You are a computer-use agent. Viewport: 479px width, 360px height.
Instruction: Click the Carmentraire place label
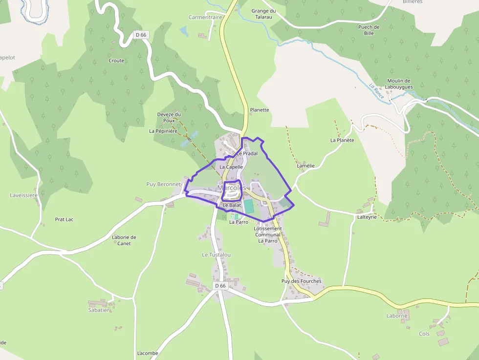(205, 17)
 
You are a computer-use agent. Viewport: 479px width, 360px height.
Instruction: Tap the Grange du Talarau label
(263, 14)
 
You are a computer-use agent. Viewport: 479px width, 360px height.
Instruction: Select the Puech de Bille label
(369, 30)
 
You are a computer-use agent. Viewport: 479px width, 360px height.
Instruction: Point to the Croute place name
(116, 61)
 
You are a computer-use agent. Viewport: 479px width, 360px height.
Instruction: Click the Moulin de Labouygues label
(398, 84)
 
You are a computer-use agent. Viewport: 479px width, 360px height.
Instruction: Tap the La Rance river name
(376, 91)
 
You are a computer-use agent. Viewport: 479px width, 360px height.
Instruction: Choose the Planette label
(260, 110)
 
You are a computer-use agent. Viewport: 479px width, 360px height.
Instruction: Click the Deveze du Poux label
(169, 117)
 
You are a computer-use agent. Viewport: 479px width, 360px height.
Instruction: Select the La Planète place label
(342, 140)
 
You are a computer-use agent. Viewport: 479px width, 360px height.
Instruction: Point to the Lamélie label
(306, 166)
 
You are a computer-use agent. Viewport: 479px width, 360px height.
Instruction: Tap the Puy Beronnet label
(164, 185)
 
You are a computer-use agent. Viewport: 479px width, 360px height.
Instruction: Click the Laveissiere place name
(24, 195)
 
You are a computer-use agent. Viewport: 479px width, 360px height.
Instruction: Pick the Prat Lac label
(64, 220)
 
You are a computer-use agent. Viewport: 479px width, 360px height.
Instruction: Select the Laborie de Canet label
(124, 240)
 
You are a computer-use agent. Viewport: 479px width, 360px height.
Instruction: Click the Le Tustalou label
(216, 255)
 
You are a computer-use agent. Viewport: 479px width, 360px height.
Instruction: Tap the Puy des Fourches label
(302, 281)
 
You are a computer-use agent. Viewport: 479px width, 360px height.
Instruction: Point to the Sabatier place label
(99, 310)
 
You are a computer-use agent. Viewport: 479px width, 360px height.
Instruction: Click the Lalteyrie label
(367, 217)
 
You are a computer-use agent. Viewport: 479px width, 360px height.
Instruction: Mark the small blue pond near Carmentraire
(184, 32)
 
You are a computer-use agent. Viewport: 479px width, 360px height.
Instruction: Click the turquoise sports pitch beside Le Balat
(249, 207)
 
